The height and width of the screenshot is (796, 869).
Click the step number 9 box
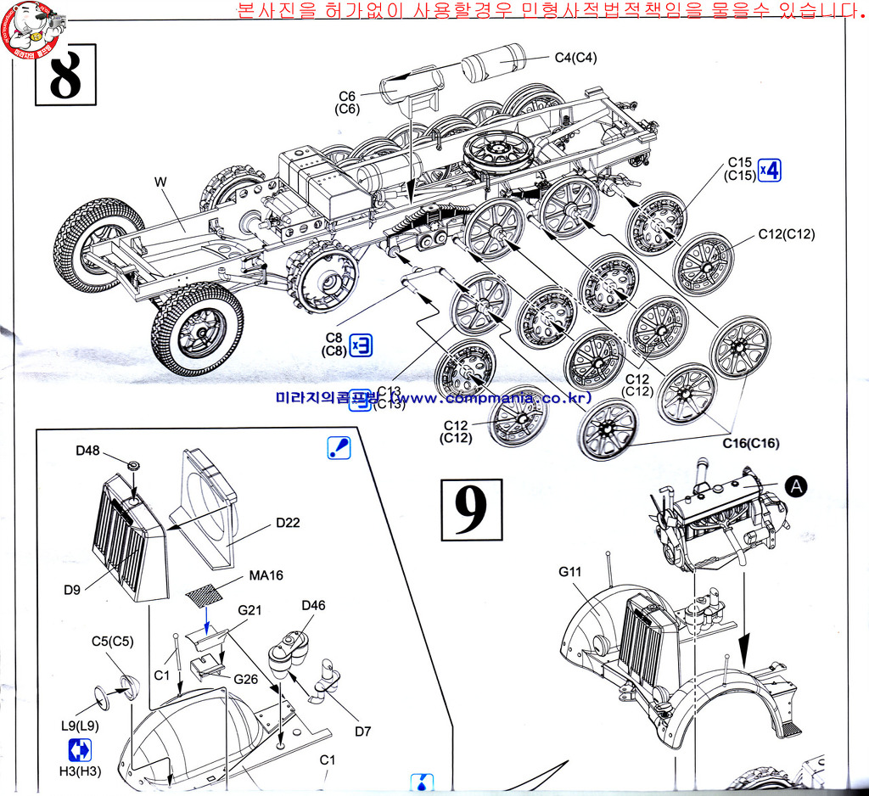pyautogui.click(x=471, y=509)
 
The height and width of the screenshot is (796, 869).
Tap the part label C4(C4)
pyautogui.click(x=575, y=58)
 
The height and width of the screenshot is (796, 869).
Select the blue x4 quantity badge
pyautogui.click(x=769, y=170)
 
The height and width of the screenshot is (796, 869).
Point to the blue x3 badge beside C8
pyautogui.click(x=361, y=344)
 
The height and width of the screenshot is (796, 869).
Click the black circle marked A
pyautogui.click(x=795, y=485)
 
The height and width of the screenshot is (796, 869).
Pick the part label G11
pyautogui.click(x=570, y=571)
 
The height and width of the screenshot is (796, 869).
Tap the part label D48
pyautogui.click(x=88, y=450)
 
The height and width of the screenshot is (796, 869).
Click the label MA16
pyautogui.click(x=266, y=575)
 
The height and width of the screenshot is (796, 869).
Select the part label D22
pyautogui.click(x=288, y=523)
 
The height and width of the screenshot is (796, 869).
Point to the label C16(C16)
pyautogui.click(x=750, y=443)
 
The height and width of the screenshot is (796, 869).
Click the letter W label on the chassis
pyautogui.click(x=160, y=182)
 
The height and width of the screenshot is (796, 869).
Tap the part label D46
pyautogui.click(x=313, y=605)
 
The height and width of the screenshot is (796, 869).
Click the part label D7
pyautogui.click(x=363, y=731)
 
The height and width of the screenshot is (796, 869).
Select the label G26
pyautogui.click(x=246, y=679)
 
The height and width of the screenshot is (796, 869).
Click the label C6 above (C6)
pyautogui.click(x=347, y=96)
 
